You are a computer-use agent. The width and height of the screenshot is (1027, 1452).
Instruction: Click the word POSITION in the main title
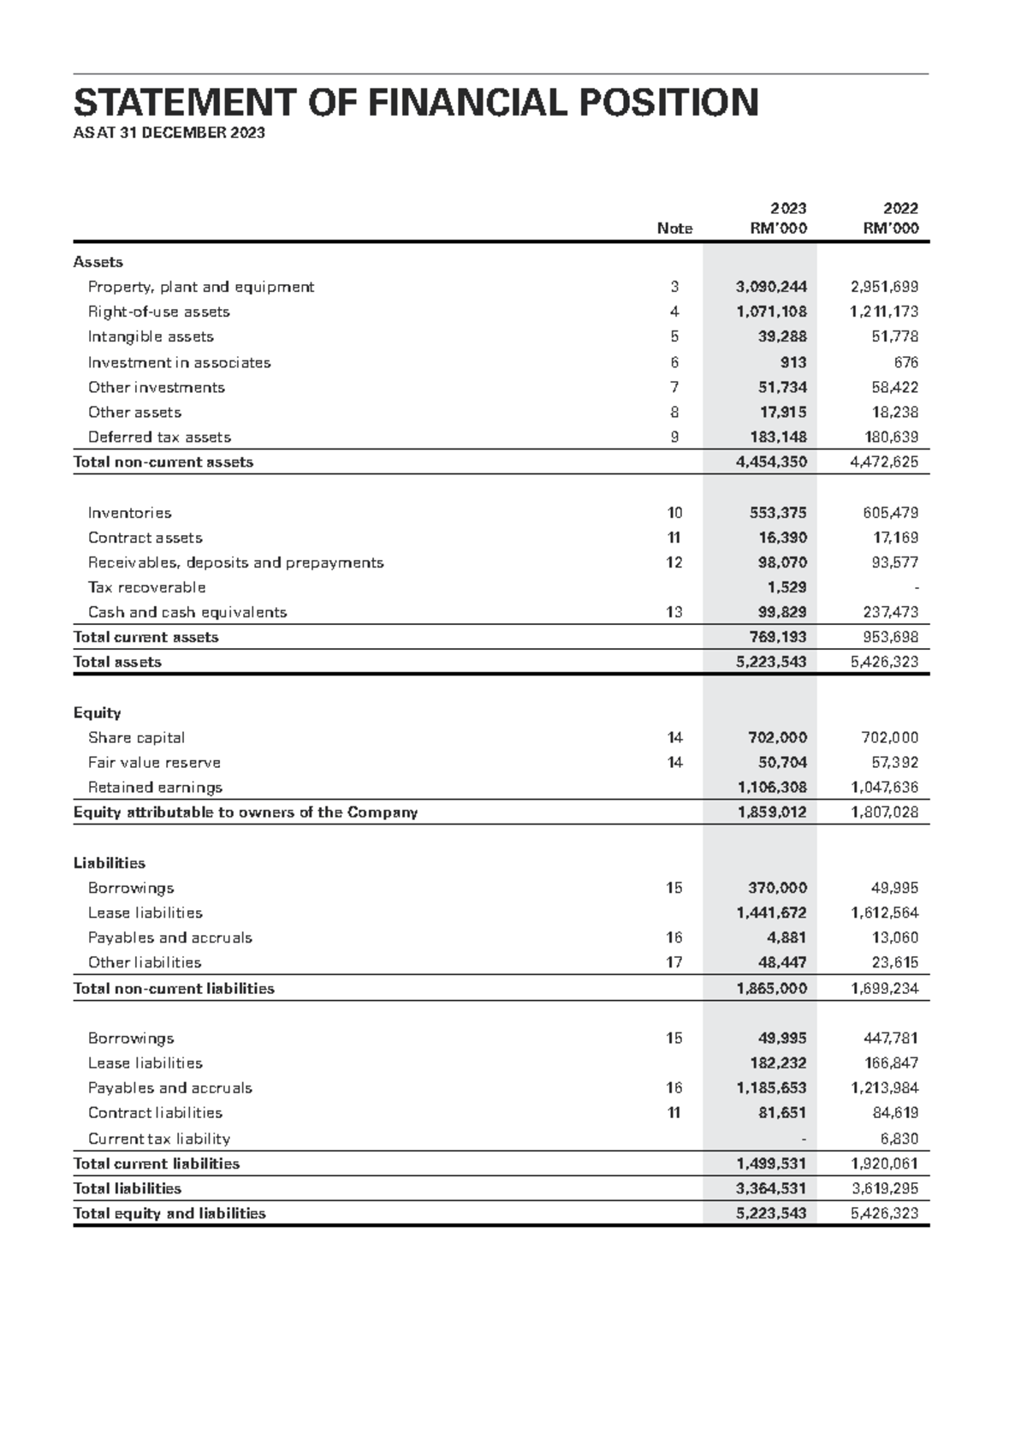[669, 103]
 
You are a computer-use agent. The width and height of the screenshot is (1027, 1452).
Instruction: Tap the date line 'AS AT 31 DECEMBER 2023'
[169, 133]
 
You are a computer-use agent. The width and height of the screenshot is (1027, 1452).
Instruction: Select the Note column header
[674, 229]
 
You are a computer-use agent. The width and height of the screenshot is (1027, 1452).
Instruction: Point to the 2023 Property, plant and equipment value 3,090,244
[771, 287]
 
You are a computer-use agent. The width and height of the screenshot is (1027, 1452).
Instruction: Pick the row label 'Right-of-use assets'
[159, 312]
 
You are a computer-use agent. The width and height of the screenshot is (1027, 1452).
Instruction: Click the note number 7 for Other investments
[674, 387]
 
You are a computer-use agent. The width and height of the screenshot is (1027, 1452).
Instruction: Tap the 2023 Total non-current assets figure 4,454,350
[771, 461]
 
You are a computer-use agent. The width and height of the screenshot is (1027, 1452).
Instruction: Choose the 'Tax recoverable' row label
[146, 587]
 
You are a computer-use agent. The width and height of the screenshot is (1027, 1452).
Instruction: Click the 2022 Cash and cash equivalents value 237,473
[892, 612]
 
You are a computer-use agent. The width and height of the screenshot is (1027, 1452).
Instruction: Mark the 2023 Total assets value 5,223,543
[771, 662]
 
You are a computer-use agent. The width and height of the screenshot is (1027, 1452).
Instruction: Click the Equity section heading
[97, 712]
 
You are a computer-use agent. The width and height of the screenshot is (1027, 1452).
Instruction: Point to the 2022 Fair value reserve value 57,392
[894, 762]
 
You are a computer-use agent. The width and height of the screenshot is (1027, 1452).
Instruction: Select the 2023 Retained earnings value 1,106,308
[771, 787]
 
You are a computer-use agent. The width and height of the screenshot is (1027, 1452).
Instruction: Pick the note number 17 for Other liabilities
[674, 962]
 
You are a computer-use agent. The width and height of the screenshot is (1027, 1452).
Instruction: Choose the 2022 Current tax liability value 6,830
[899, 1139]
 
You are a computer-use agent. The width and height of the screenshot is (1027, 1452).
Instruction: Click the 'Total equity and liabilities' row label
[169, 1213]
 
